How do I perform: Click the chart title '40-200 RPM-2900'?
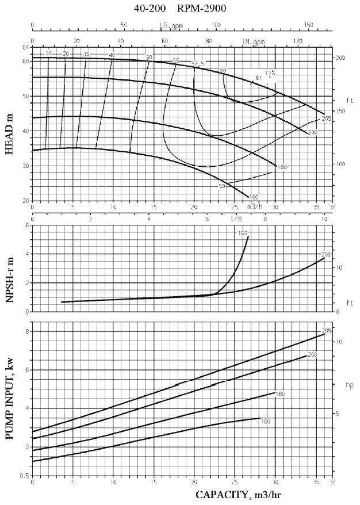point(179,8)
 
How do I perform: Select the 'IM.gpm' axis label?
point(254,42)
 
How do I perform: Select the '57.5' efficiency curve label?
point(197,64)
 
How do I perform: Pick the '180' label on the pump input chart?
point(281,394)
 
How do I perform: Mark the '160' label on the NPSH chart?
point(242,233)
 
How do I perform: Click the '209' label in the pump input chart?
point(328,331)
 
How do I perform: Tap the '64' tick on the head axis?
point(25,47)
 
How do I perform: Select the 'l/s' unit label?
point(236,219)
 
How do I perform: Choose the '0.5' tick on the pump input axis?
point(25,476)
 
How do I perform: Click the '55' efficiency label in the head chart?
point(175,61)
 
